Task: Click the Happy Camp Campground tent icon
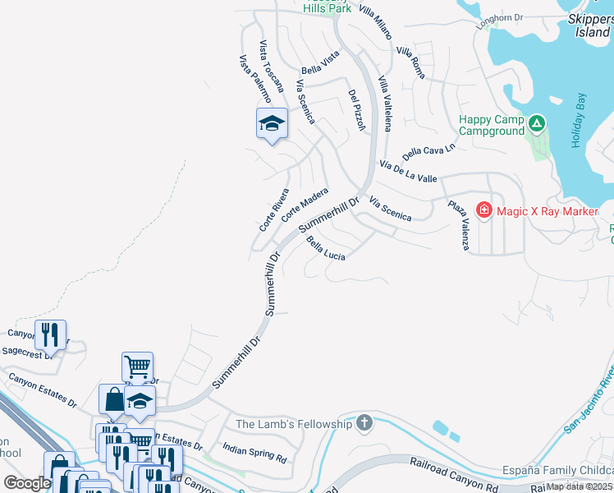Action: tap(537, 123)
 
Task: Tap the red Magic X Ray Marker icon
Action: tap(484, 211)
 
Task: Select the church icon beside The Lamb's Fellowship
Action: tap(364, 424)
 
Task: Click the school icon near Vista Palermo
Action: tap(272, 124)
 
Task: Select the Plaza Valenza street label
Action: tap(457, 224)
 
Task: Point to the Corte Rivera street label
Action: tap(274, 211)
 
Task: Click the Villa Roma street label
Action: tap(410, 62)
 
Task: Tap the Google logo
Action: tap(27, 483)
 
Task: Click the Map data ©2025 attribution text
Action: tap(580, 486)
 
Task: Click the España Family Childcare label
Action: tap(557, 471)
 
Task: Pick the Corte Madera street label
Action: tap(305, 205)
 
